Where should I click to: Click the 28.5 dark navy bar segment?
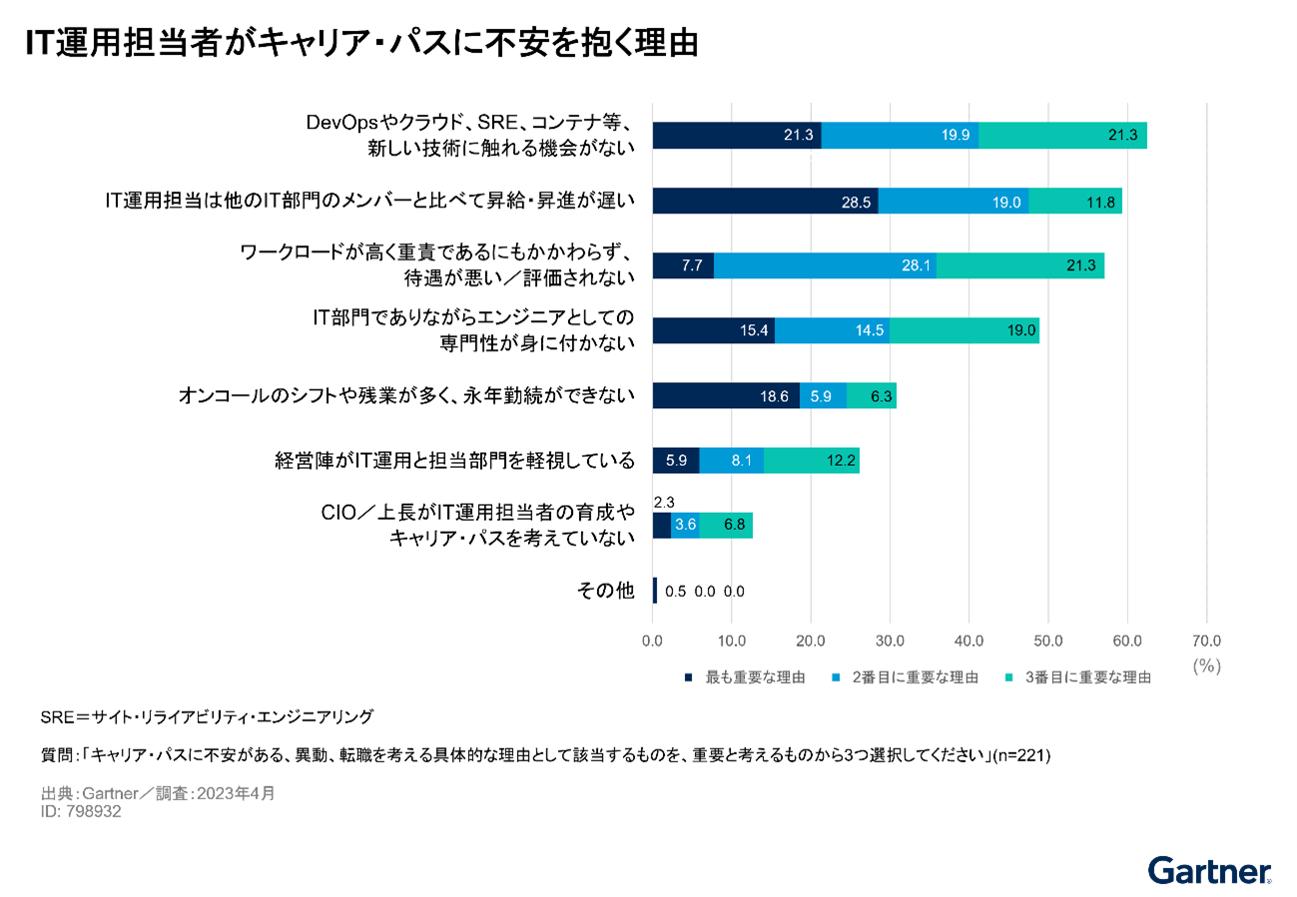point(765,201)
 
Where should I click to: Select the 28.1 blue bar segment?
point(825,265)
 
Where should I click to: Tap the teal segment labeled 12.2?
point(811,460)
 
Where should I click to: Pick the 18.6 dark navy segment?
point(726,395)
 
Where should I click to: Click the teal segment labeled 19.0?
point(964,330)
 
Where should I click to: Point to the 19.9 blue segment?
point(900,136)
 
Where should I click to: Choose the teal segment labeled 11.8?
point(1075,201)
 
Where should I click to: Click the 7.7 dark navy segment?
point(683,265)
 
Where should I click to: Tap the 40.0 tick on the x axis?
point(969,640)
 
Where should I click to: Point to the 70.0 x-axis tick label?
point(1206,640)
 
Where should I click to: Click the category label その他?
point(606,590)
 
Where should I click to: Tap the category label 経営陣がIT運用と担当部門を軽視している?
point(455,460)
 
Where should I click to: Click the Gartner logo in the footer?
point(1209,871)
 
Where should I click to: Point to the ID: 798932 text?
point(82,812)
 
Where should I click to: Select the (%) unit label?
point(1206,666)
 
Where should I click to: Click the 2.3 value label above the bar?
point(664,504)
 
